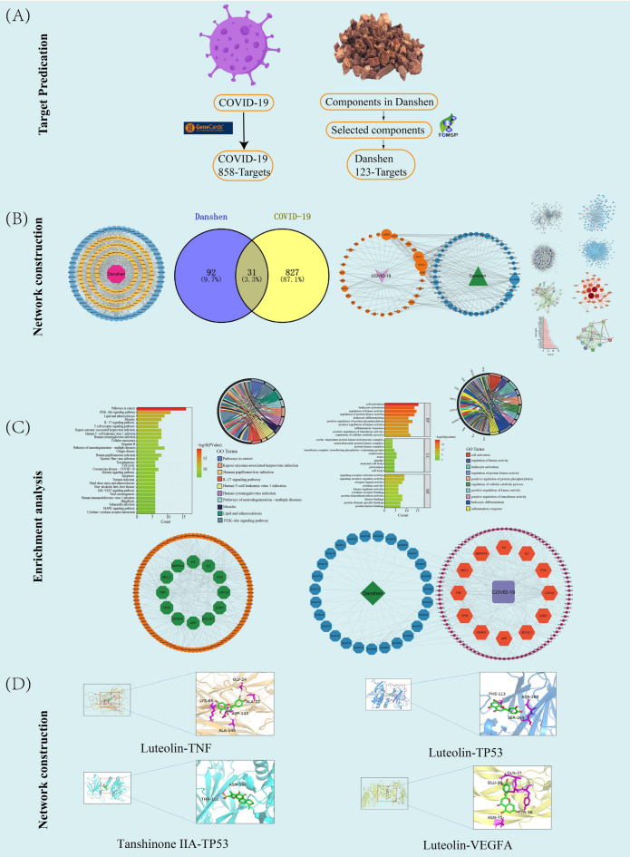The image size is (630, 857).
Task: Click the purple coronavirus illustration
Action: (235, 46)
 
